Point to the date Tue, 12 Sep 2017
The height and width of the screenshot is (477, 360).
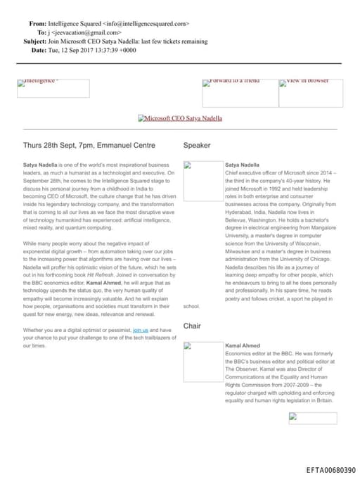73,51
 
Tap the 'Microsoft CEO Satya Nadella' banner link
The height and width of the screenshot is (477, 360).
180,119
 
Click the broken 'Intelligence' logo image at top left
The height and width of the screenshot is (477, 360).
53,88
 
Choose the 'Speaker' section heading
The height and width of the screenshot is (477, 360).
197,146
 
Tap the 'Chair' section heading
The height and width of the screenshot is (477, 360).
192,326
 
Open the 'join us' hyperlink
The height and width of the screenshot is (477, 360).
141,329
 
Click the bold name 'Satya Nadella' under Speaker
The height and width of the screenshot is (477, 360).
242,165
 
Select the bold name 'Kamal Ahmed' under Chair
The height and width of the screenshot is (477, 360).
243,346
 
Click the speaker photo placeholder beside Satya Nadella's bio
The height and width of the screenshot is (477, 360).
202,181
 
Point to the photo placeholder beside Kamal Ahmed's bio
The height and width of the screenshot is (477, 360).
202,362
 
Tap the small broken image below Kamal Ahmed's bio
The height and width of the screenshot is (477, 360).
312,418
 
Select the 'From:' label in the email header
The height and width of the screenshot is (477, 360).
37,24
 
